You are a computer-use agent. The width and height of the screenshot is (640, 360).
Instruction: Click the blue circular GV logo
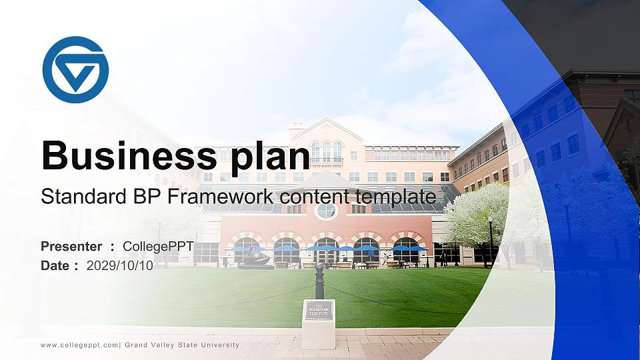click(x=75, y=70)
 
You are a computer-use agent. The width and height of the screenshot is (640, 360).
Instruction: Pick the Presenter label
click(x=71, y=247)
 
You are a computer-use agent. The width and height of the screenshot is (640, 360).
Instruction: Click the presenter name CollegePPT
click(x=158, y=247)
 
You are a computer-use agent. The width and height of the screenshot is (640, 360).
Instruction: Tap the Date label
click(x=55, y=266)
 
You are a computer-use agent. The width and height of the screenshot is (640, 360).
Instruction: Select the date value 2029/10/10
click(x=120, y=266)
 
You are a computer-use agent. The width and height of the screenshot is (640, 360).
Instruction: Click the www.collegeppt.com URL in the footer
click(x=79, y=345)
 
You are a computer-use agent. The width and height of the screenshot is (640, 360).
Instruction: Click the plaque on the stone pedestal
click(x=319, y=310)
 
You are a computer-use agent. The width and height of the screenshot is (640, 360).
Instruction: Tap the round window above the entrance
click(x=326, y=211)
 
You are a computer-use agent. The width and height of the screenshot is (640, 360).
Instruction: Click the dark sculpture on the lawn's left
click(x=255, y=257)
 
